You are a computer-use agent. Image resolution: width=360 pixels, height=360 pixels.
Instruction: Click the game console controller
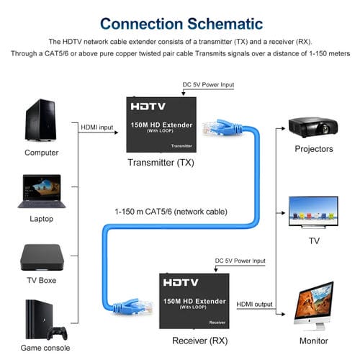(57, 333)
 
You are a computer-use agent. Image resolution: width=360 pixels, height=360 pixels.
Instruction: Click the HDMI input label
(97, 127)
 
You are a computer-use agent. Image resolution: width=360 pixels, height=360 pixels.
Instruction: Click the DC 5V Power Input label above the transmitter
(208, 85)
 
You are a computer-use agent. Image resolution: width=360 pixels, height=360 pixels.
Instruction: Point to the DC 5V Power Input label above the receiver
(240, 261)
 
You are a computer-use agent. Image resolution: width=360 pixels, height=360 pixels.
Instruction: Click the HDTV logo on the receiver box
(179, 283)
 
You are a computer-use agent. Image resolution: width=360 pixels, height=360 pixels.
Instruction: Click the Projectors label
(314, 149)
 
